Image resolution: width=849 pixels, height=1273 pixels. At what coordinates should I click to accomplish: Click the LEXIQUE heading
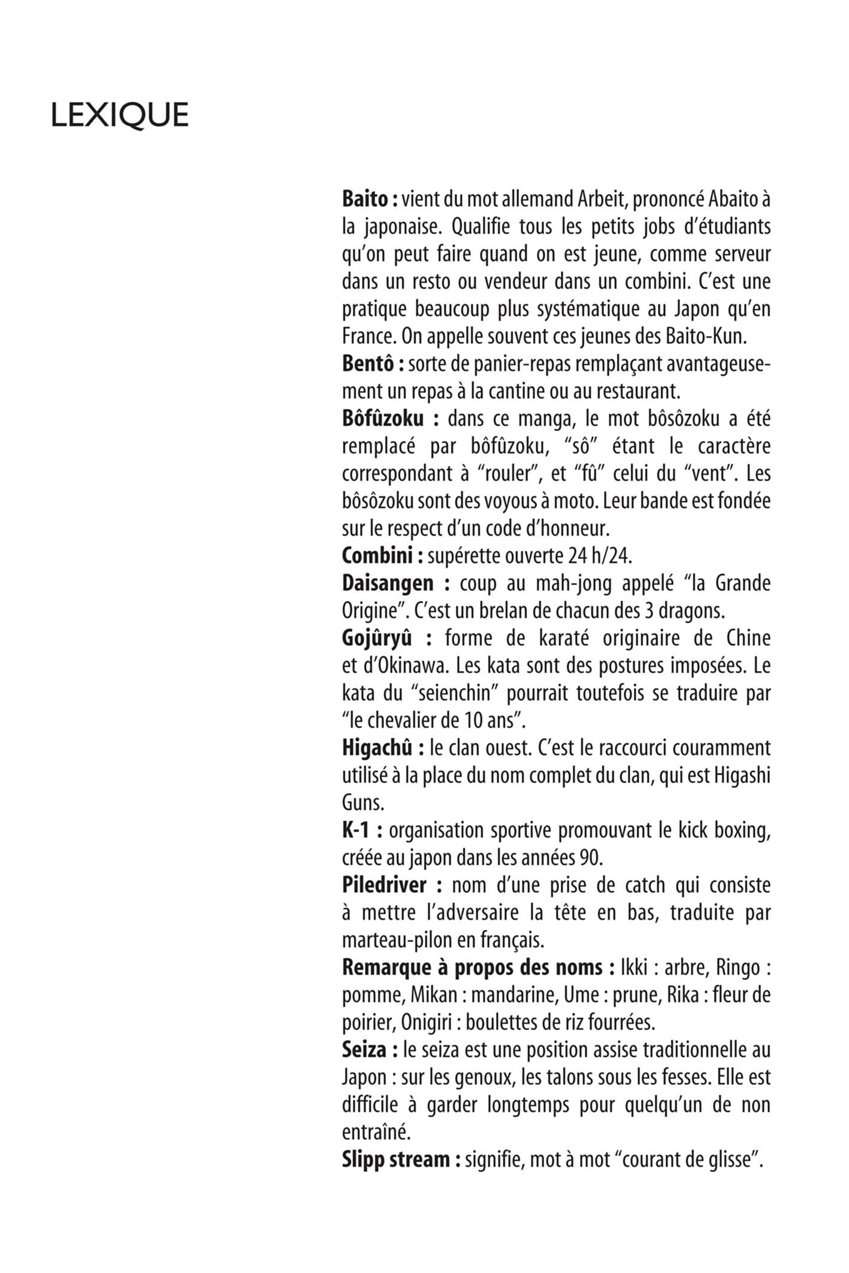point(119,115)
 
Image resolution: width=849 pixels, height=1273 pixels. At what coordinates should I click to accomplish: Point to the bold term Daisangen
point(387,583)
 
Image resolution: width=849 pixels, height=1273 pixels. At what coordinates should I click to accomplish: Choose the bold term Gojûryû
point(377,638)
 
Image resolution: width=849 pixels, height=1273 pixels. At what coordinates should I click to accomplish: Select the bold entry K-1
point(355,830)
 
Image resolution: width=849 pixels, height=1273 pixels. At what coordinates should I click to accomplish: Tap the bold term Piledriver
point(384,885)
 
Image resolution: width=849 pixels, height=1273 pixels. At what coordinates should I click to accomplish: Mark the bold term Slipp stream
point(395,1160)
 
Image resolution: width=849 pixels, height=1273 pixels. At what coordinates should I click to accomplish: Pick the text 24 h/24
point(599,556)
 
